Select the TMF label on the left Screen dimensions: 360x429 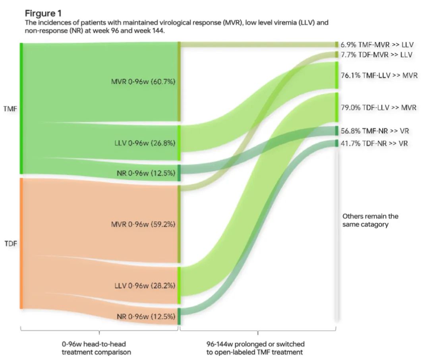point(10,108)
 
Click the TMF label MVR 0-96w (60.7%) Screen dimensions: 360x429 point(143,82)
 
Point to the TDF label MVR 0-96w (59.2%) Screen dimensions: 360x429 point(143,224)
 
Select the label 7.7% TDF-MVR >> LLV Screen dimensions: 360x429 point(376,54)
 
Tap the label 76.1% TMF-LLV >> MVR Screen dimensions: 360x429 point(379,75)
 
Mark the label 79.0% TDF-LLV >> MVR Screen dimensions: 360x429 point(379,107)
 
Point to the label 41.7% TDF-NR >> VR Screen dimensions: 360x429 point(374,143)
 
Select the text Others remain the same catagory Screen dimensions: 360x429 point(370,221)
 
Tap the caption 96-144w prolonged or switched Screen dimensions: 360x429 point(258,344)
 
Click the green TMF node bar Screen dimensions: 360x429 point(21,108)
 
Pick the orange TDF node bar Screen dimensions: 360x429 point(21,244)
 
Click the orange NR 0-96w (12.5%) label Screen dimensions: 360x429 point(146,317)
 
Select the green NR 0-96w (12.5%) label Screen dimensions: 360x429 point(146,173)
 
